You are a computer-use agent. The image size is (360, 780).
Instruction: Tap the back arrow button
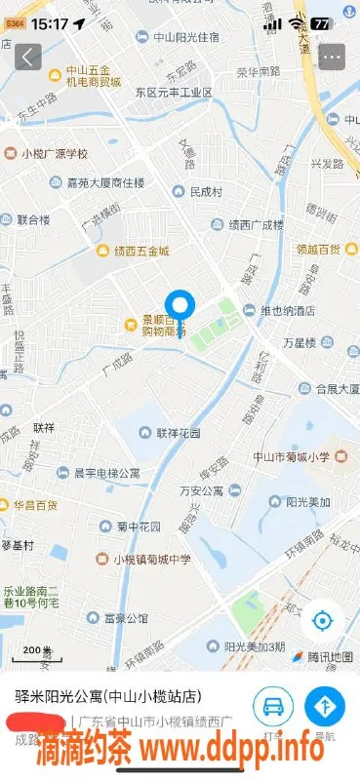[x=28, y=57]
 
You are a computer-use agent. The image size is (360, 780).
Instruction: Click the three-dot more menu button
[x=333, y=57]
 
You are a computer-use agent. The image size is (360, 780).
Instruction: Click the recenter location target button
[x=322, y=620]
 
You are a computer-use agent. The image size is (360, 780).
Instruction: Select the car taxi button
[x=273, y=705]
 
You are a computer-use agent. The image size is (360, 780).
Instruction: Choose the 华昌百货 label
[x=34, y=505]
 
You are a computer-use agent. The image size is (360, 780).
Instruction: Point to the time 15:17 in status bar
[x=49, y=22]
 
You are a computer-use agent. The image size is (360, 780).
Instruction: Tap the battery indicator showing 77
[x=320, y=22]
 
